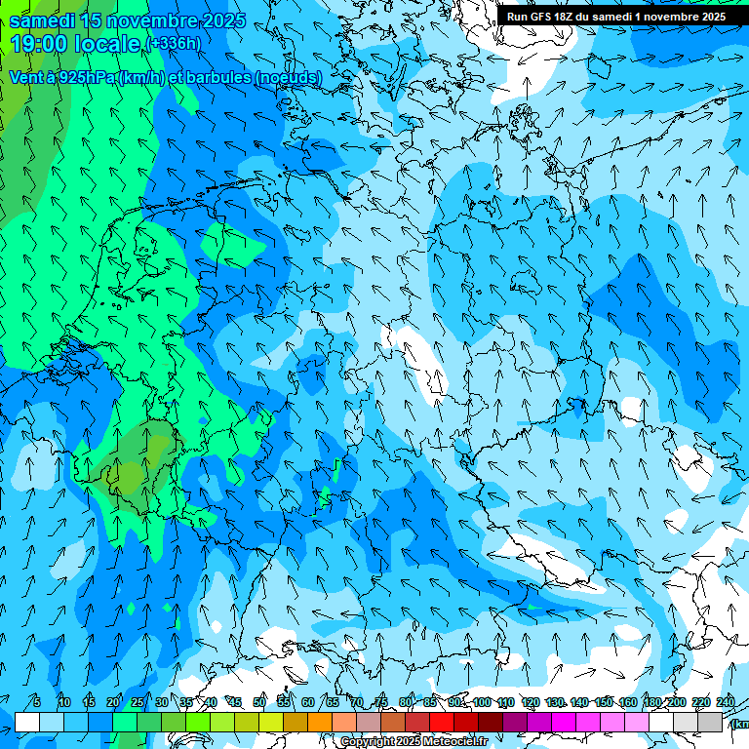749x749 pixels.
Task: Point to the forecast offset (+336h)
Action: click(175, 44)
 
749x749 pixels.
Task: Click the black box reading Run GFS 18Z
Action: click(615, 17)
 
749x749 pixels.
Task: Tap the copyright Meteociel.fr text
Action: click(414, 742)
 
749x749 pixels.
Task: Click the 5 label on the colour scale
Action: click(36, 702)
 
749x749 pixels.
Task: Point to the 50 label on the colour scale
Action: click(258, 702)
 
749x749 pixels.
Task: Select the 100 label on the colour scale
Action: click(481, 702)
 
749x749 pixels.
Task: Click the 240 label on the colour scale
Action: click(725, 702)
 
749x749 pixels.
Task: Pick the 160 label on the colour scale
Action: click(628, 702)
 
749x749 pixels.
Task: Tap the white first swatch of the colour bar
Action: click(27, 722)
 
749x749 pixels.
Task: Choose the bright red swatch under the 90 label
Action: click(442, 722)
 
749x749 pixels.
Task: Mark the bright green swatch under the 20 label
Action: click(125, 722)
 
